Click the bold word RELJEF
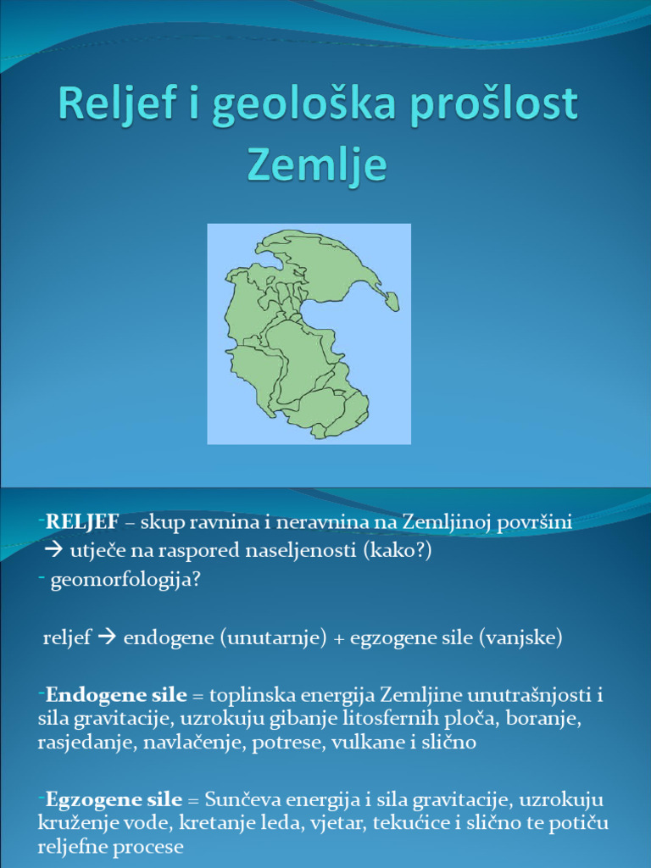82,522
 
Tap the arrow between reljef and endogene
107,637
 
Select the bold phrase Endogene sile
116,696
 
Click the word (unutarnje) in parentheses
274,637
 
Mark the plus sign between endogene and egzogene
339,638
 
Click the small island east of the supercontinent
392,300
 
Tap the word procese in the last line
153,847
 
